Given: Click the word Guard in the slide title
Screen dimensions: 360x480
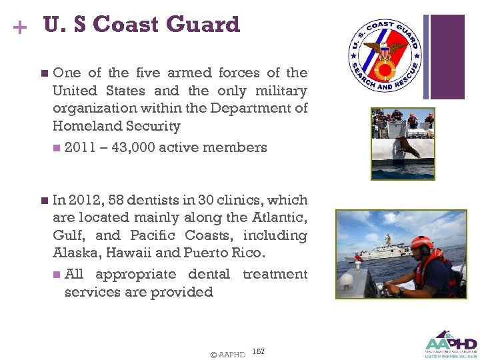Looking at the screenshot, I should pyautogui.click(x=204, y=25).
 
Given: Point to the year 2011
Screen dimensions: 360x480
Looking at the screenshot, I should pyautogui.click(x=81, y=147).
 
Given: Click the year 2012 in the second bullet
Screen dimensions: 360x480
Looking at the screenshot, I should pyautogui.click(x=84, y=200).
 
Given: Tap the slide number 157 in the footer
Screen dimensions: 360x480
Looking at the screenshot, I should pyautogui.click(x=260, y=350).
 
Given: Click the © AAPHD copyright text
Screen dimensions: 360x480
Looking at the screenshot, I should pyautogui.click(x=227, y=355).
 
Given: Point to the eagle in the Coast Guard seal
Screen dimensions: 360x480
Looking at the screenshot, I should pyautogui.click(x=385, y=50).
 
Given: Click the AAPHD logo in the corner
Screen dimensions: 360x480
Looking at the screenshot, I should pyautogui.click(x=451, y=343).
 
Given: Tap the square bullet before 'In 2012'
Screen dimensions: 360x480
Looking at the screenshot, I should pyautogui.click(x=44, y=200).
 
